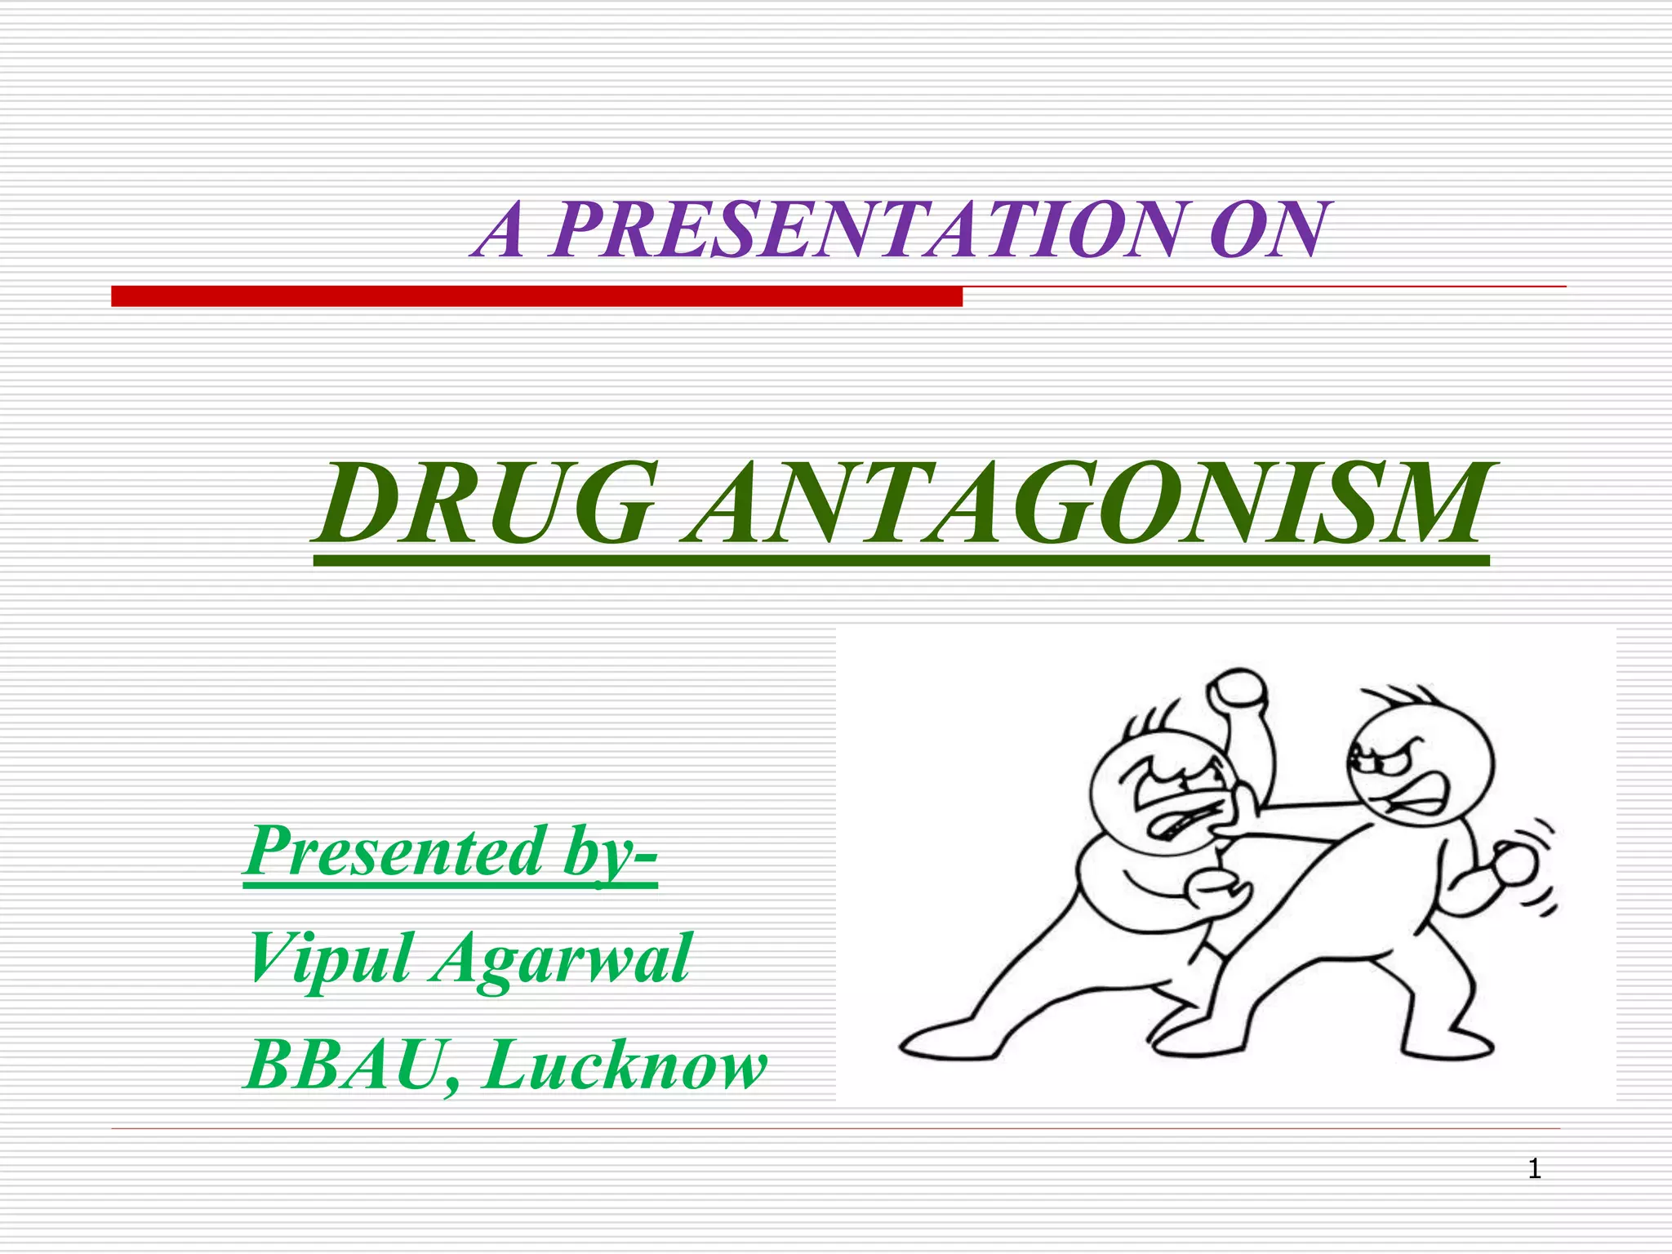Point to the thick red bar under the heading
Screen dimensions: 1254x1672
(536, 296)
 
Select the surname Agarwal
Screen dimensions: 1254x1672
(562, 960)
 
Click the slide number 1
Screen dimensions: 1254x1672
(1534, 1170)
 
